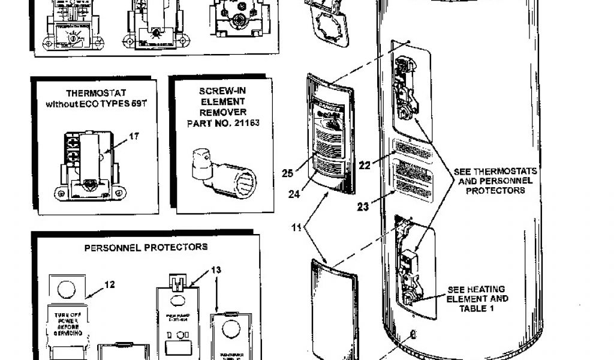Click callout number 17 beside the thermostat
[134, 136]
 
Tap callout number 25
[287, 174]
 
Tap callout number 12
[109, 284]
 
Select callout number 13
[216, 270]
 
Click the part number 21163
[248, 123]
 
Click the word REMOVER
[223, 112]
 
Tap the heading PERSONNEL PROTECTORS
[146, 247]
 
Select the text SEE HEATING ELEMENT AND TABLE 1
[478, 298]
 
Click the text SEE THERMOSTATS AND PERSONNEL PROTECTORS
[495, 181]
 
